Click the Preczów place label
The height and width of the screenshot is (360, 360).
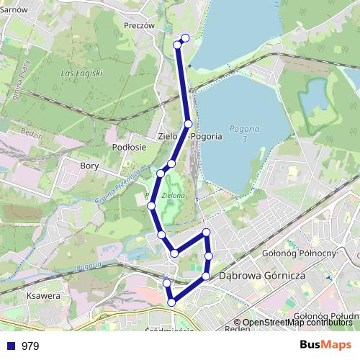click(x=140, y=24)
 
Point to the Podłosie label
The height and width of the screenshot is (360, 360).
click(x=130, y=146)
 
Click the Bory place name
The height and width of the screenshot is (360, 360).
click(x=90, y=165)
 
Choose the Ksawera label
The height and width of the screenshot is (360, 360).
click(x=41, y=295)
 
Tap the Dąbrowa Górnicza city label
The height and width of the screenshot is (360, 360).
click(x=263, y=276)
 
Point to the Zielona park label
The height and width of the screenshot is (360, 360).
click(x=174, y=195)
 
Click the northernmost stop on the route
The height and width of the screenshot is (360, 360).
click(x=185, y=37)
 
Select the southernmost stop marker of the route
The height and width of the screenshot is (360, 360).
click(x=171, y=302)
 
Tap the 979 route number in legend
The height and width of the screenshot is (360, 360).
click(x=30, y=346)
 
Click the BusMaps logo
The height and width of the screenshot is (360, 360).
click(x=325, y=346)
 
